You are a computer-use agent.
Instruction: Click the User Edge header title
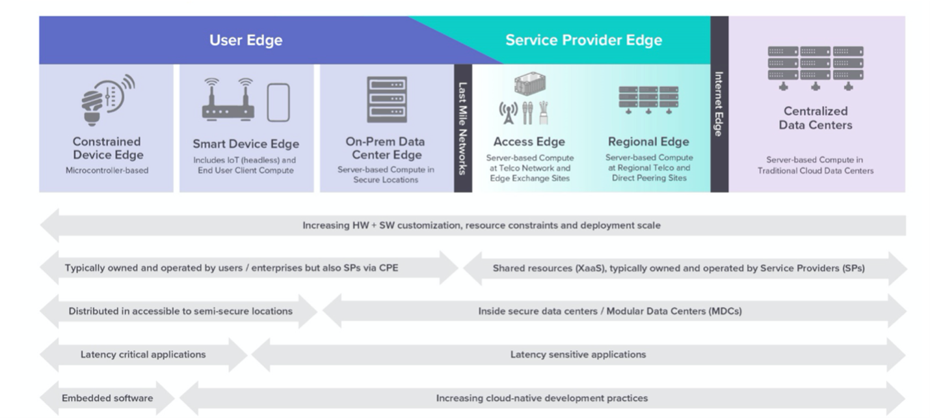(x=245, y=40)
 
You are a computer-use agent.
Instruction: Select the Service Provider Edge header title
(x=583, y=40)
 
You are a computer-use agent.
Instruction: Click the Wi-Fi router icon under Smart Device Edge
(x=228, y=100)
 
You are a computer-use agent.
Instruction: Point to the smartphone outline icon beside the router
(x=278, y=102)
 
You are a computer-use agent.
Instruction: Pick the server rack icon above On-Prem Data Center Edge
(x=386, y=100)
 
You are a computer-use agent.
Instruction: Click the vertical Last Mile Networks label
(x=463, y=128)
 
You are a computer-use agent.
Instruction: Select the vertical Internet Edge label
(x=719, y=104)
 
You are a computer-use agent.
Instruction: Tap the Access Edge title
(x=529, y=142)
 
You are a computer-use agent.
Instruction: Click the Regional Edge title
(x=648, y=142)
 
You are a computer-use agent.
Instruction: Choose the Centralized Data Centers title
(x=815, y=118)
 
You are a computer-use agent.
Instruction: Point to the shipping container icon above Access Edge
(x=529, y=83)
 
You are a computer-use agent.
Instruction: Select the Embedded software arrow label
(x=107, y=398)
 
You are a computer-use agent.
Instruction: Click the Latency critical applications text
(x=143, y=355)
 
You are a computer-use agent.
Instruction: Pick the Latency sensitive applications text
(x=578, y=355)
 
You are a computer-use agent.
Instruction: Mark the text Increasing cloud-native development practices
(x=542, y=398)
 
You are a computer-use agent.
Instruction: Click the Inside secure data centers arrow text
(x=609, y=311)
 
